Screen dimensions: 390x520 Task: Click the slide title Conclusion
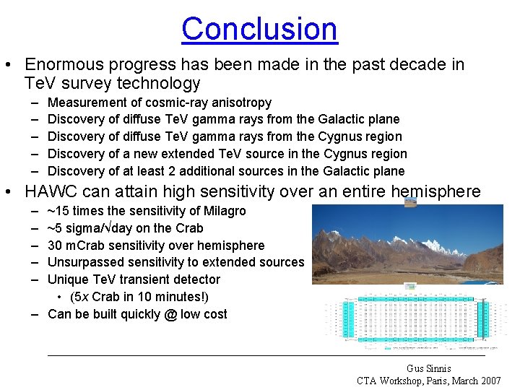click(259, 29)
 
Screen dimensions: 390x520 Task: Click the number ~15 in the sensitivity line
click(58, 211)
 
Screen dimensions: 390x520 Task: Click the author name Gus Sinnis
click(428, 368)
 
